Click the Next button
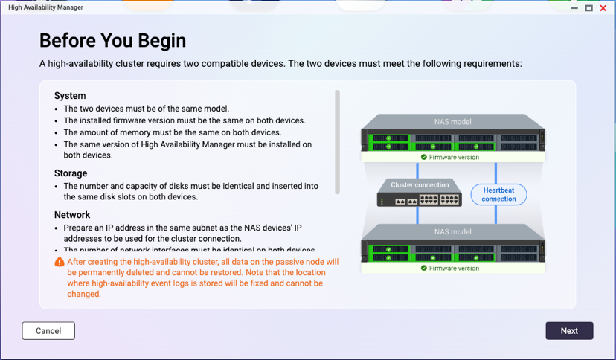(x=569, y=331)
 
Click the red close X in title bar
(x=603, y=8)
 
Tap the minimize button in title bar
(x=574, y=8)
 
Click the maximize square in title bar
(x=588, y=8)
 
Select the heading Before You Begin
(x=112, y=40)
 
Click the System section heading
(x=70, y=96)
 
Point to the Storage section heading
(x=71, y=173)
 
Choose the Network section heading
(x=72, y=215)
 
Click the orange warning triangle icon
(x=60, y=262)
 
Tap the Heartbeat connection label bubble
(x=498, y=195)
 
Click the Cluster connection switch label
(x=420, y=185)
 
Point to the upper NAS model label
(x=452, y=122)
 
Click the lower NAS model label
(x=452, y=232)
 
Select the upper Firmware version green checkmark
(x=424, y=158)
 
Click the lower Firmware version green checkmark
(x=424, y=268)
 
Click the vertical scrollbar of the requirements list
(x=337, y=141)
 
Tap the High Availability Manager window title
(x=46, y=7)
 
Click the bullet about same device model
(x=147, y=109)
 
